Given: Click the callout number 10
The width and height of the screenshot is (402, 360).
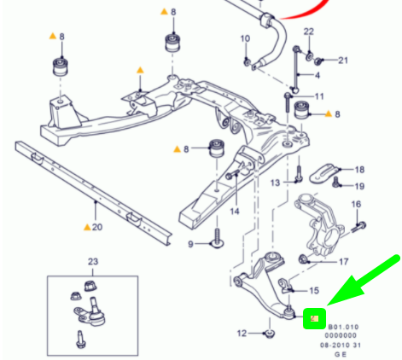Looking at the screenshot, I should (x=246, y=39).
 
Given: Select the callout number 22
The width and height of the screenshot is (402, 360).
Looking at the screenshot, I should (x=308, y=32).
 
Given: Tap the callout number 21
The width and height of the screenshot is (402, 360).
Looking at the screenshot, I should (x=343, y=61).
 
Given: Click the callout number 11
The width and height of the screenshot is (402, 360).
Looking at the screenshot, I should (x=319, y=96).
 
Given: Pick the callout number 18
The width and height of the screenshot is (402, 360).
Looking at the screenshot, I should (x=359, y=170).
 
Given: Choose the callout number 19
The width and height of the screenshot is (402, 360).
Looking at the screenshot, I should (x=359, y=186).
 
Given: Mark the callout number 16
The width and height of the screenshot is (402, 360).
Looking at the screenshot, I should (x=356, y=205).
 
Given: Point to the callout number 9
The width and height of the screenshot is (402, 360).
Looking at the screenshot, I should (x=193, y=244).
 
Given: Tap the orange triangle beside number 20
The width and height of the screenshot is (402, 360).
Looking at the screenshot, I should (x=86, y=228).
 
